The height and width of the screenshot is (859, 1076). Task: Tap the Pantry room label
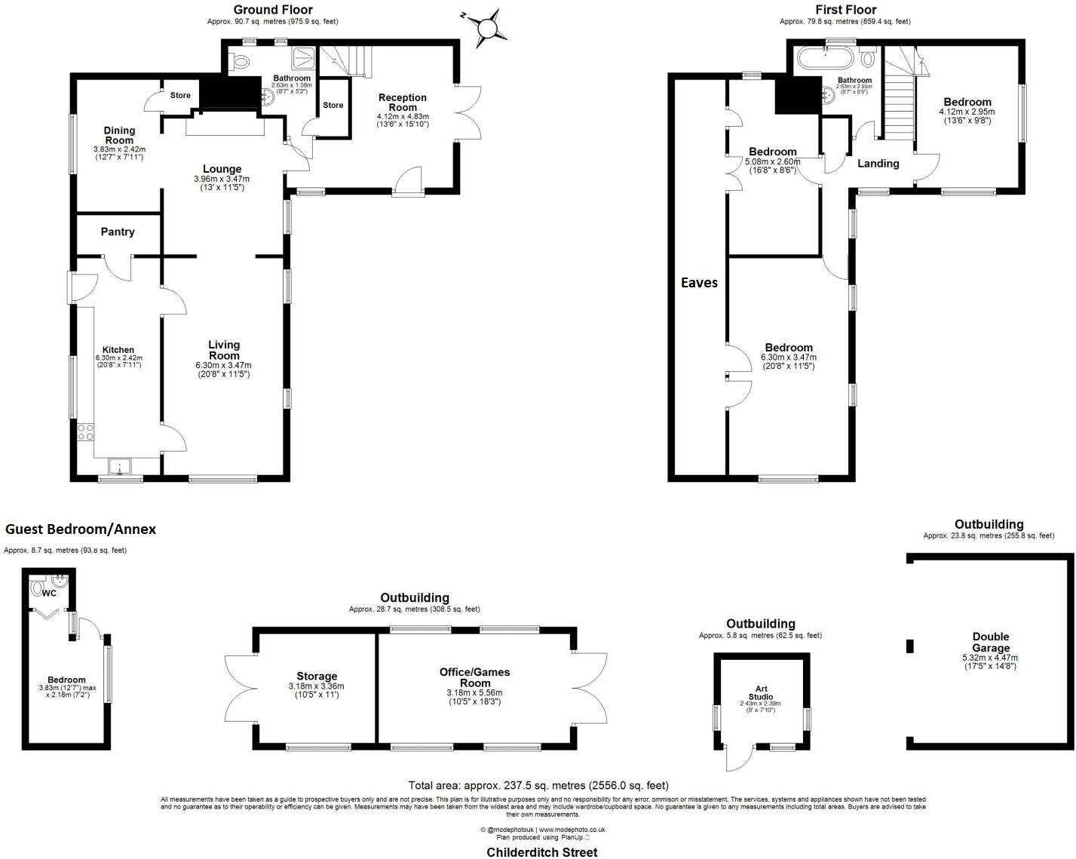(x=118, y=232)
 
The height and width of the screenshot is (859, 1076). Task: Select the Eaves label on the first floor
(x=699, y=283)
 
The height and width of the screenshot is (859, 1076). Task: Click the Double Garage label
(x=990, y=643)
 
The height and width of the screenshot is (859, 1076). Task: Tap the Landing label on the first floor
(x=878, y=163)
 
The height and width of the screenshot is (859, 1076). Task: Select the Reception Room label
(x=403, y=102)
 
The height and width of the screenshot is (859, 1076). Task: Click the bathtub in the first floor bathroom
(x=826, y=58)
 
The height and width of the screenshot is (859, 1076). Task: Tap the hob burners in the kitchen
(x=86, y=432)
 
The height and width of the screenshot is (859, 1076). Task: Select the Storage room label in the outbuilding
(x=317, y=676)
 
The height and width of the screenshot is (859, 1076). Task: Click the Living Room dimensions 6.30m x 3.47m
(x=224, y=365)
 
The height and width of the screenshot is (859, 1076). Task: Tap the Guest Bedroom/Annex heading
(x=81, y=529)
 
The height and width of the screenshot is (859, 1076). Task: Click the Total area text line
(x=538, y=785)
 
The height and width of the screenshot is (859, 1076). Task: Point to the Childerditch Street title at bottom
(x=541, y=852)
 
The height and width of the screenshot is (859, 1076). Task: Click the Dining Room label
(x=119, y=135)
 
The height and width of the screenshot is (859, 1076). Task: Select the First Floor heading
(x=846, y=9)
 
